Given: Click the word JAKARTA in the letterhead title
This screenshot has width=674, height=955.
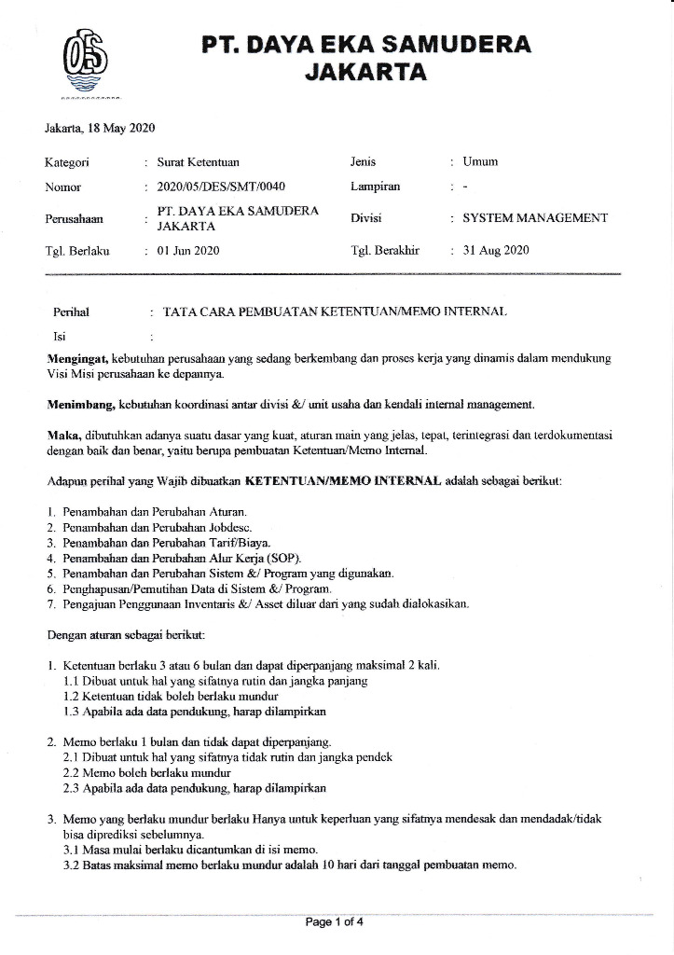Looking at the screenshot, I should pyautogui.click(x=366, y=73).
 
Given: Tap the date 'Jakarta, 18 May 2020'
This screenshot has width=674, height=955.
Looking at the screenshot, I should pyautogui.click(x=100, y=128).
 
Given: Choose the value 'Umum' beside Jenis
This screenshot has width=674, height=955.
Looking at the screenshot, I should pyautogui.click(x=481, y=162).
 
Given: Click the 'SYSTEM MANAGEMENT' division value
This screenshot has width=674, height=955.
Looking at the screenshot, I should pyautogui.click(x=535, y=218).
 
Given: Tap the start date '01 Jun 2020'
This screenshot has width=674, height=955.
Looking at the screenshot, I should pyautogui.click(x=189, y=250).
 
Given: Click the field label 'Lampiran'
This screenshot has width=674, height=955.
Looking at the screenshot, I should pyautogui.click(x=375, y=187).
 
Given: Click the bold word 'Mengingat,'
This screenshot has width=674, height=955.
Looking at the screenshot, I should pyautogui.click(x=78, y=357).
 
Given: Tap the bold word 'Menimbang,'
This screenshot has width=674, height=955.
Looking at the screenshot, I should pyautogui.click(x=80, y=405).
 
